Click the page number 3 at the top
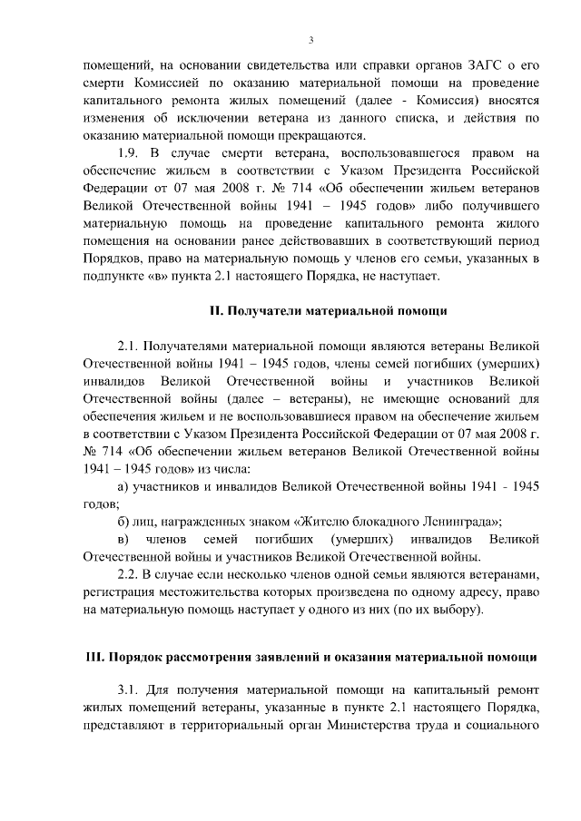310,40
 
